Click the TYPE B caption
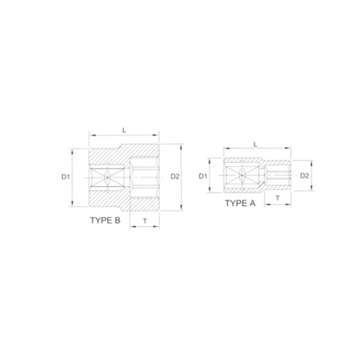tap(105, 220)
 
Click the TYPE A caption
tap(240, 203)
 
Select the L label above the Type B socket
tap(124, 130)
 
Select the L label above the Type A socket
tap(256, 145)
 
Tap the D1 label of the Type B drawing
tap(65, 177)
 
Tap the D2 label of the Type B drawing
tap(175, 176)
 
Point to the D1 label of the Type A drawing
tap(203, 176)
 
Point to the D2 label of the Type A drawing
tap(305, 176)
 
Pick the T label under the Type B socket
tap(145, 221)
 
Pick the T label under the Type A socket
tap(278, 198)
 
